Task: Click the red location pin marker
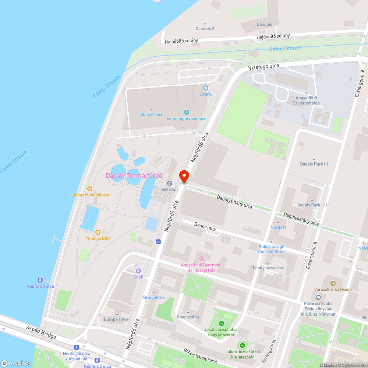coord(184,176)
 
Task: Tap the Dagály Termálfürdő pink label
coord(134,176)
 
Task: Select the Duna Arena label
coord(151,114)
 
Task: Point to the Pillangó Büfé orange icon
coord(98,232)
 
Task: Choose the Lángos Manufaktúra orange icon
coord(90,188)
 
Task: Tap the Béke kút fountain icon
coord(170,183)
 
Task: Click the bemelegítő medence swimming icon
coord(187,112)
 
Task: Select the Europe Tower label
coord(117,319)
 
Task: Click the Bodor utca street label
coord(205,228)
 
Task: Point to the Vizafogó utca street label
coord(264,66)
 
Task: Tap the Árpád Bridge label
coord(42,331)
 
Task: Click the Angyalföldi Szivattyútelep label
coord(306,100)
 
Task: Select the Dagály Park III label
coord(314,164)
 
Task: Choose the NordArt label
coord(278,227)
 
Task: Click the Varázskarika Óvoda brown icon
coord(333,283)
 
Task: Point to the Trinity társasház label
coord(268,268)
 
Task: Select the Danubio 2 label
coord(205,28)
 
